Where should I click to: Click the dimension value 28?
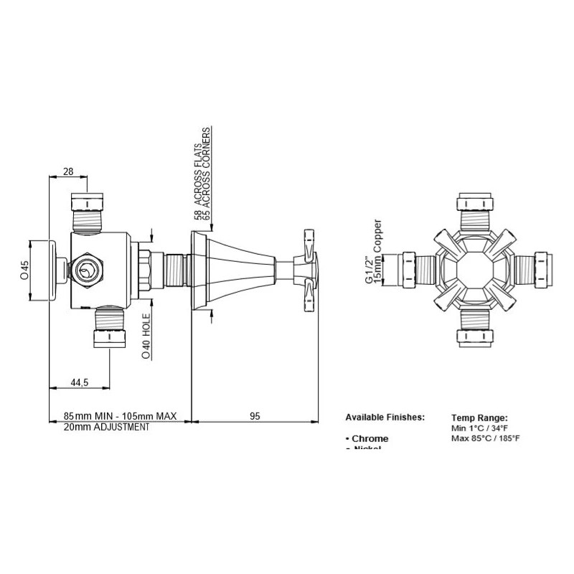point(68,171)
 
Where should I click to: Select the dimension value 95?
point(254,415)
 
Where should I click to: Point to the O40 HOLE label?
point(146,334)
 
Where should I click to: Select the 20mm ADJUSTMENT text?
point(106,427)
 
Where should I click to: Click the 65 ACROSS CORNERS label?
point(207,173)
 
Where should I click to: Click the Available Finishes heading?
point(385,417)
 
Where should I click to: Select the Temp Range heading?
point(480,417)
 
